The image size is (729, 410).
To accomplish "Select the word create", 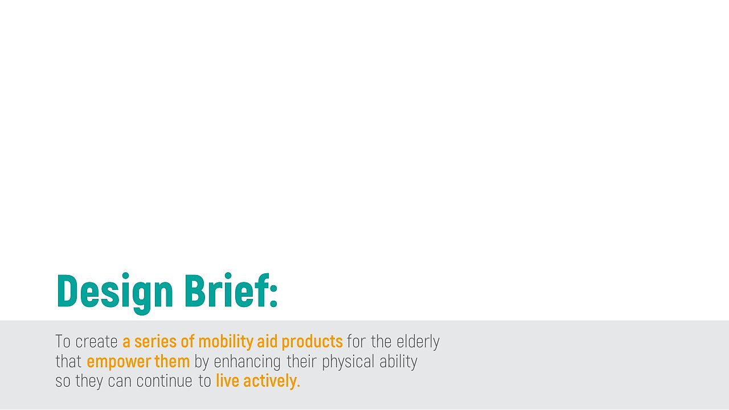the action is pos(96,342).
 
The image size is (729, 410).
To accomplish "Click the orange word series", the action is pos(155,341).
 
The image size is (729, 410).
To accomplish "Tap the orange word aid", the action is pos(267,341).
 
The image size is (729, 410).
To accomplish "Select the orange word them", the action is pos(172,361).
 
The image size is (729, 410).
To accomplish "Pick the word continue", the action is pos(165,381).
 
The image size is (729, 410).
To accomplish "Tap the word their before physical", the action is pos(301,361).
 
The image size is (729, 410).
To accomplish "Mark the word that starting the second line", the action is pos(68,361).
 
